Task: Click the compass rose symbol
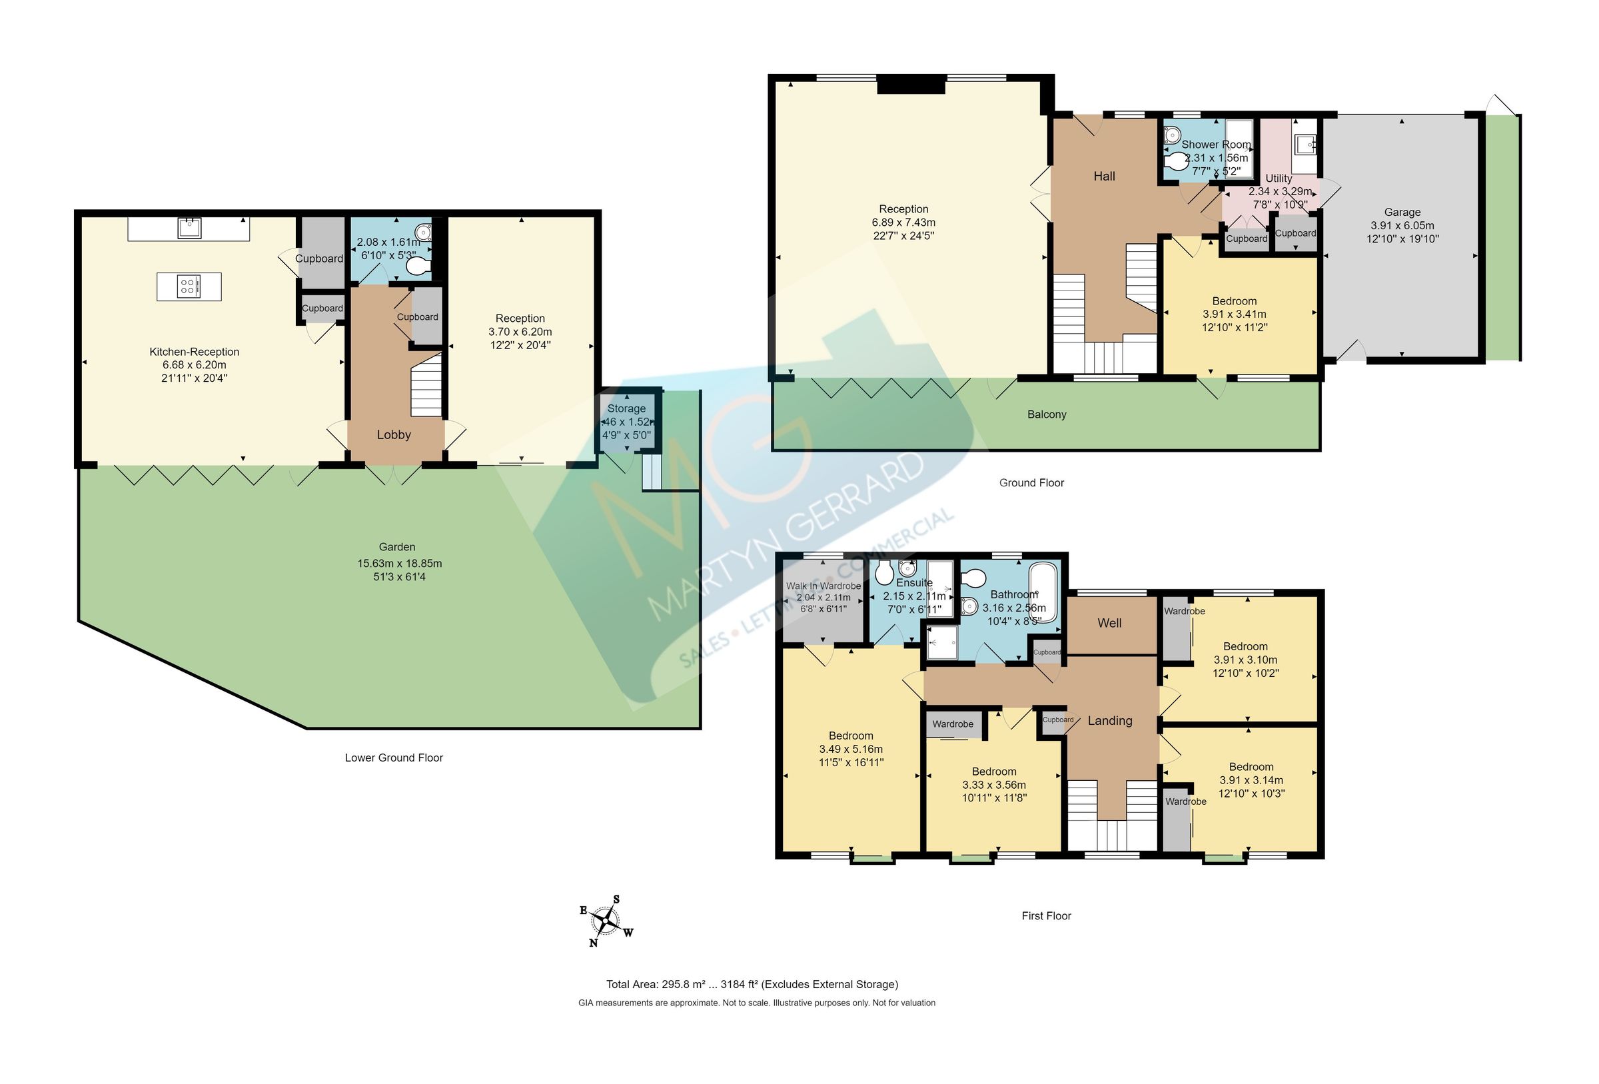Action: coord(606,920)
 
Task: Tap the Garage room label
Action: coord(1402,212)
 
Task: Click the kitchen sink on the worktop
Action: coord(189,227)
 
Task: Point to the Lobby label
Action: coord(394,434)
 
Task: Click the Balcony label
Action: coord(1047,414)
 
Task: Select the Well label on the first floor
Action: coord(1109,623)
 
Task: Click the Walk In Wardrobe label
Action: coord(823,586)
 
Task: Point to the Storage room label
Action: coord(626,408)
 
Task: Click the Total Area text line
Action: coord(752,984)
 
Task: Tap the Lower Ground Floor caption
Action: coord(394,758)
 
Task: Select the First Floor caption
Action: coord(1046,915)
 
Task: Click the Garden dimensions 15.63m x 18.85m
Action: coord(399,563)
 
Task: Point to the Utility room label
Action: coord(1279,179)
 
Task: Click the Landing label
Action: coord(1110,721)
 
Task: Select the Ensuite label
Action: coord(913,582)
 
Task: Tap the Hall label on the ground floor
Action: coord(1104,176)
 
